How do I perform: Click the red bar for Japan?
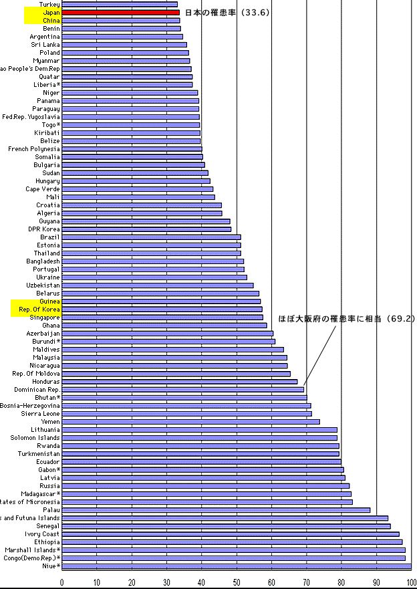tap(120, 12)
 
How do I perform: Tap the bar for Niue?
tap(237, 566)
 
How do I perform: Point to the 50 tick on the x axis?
tap(237, 582)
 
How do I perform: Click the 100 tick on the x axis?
tap(410, 582)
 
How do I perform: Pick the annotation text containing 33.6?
tap(227, 12)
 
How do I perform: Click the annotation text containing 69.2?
tap(346, 320)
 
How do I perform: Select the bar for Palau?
tap(216, 510)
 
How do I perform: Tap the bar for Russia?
tap(205, 486)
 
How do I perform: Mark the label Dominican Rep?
tap(36, 390)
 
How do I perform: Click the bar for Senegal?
tap(226, 526)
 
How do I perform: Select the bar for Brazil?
tap(151, 237)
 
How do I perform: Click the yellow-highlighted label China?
tap(51, 21)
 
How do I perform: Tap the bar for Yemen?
tap(190, 422)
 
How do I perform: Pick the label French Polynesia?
tap(34, 149)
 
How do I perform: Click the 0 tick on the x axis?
tap(62, 582)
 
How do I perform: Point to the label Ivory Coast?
tap(42, 534)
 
